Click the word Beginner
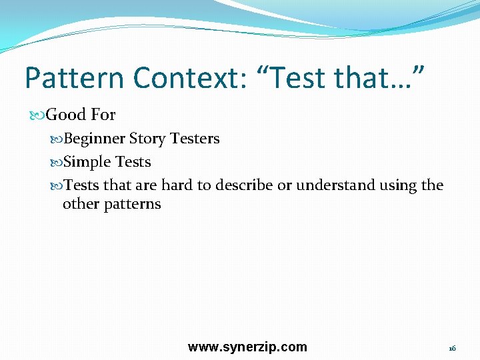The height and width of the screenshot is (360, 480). [x=93, y=139]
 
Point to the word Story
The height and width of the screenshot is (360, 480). [x=147, y=139]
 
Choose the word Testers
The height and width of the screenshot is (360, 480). [x=195, y=139]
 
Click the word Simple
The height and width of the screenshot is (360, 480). [x=87, y=162]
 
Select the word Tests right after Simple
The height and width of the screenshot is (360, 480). [x=133, y=162]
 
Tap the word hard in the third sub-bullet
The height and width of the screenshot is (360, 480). [x=177, y=185]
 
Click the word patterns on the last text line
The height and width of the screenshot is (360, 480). [x=133, y=204]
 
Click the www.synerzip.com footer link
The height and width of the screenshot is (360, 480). [x=247, y=347]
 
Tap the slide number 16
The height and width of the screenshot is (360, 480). [x=452, y=349]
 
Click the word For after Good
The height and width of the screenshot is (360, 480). [x=103, y=115]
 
